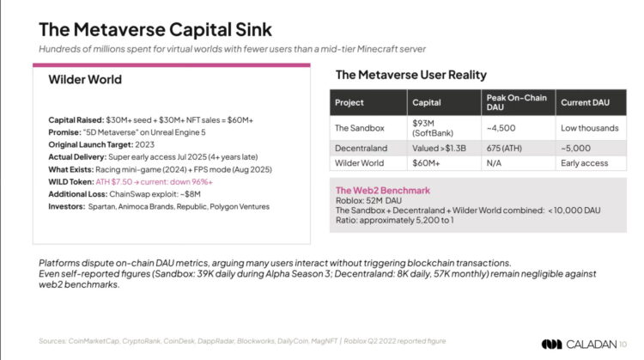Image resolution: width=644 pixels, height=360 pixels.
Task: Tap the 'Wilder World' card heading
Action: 85,80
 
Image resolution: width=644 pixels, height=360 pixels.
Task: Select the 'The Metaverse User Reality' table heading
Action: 410,75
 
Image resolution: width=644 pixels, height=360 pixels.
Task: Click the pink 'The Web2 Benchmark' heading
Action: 381,190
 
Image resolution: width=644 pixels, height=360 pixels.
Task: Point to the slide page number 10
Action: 623,344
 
